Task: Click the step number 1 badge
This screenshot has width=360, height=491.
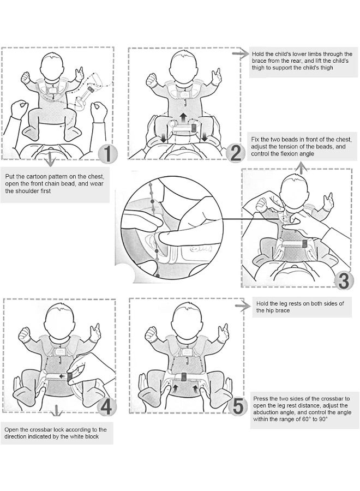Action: coord(108,153)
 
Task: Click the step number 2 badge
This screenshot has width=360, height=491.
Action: coord(235,153)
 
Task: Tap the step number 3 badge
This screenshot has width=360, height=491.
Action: coord(343,280)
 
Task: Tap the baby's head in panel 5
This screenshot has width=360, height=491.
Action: coord(187,318)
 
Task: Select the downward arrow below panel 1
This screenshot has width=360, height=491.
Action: coord(51,160)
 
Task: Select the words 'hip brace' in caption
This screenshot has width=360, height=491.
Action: coord(280,310)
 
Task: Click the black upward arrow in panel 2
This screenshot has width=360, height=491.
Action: coord(183,117)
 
